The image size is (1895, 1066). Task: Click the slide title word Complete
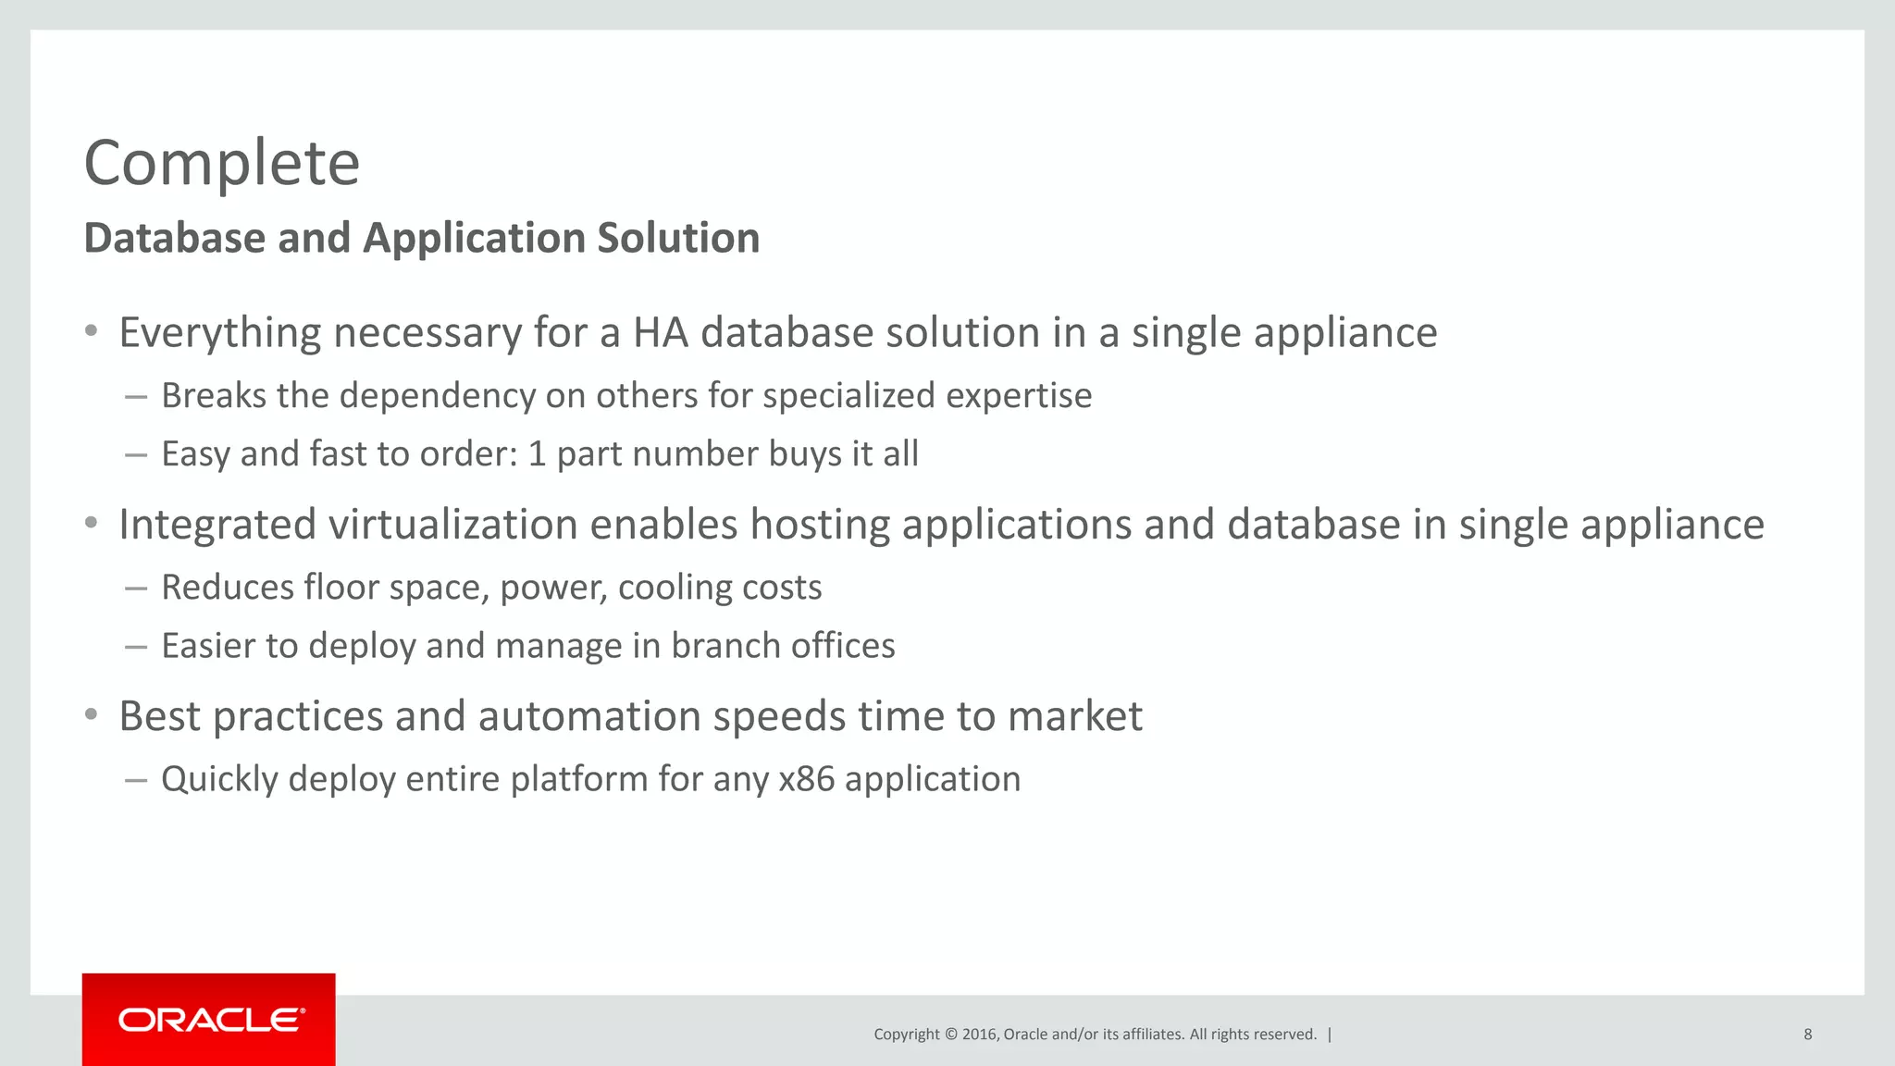tap(221, 164)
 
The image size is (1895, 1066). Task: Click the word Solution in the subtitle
tap(678, 239)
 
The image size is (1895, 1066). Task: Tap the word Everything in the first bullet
tap(220, 333)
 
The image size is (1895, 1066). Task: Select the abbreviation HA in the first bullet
tap(661, 333)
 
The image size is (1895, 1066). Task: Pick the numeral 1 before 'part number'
tap(537, 454)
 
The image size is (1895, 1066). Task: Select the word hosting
tap(820, 525)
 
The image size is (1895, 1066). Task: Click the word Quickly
tap(219, 779)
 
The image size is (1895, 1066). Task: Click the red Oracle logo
tap(209, 1020)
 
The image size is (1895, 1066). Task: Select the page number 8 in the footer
tap(1807, 1035)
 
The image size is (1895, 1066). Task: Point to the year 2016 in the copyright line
tap(979, 1035)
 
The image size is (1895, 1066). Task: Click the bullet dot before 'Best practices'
tap(91, 714)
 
